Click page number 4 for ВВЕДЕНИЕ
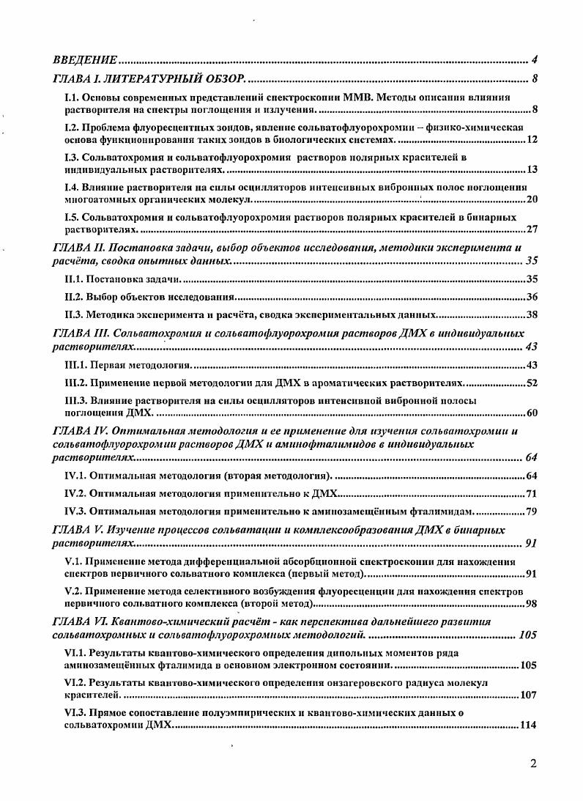point(535,59)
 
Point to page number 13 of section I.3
point(532,170)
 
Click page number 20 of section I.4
point(532,199)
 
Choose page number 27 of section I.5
point(532,229)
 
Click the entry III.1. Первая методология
point(128,365)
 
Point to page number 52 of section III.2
point(532,383)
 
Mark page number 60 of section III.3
point(532,413)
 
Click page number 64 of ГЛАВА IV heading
point(532,458)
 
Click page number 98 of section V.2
point(532,604)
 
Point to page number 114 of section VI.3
point(529,725)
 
